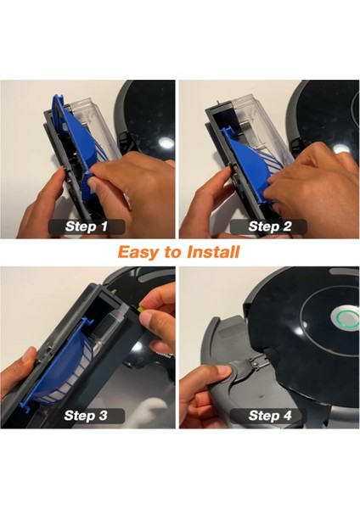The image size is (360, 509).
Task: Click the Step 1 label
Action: click(87, 227)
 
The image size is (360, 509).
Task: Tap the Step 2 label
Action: click(269, 227)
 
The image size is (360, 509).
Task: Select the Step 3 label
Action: click(86, 416)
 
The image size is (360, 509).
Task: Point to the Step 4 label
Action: click(269, 416)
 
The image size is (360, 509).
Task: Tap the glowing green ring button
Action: click(345, 316)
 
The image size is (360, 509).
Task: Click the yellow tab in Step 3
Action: click(141, 309)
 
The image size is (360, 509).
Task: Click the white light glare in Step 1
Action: click(166, 143)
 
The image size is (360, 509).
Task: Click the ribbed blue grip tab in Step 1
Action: click(88, 190)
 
